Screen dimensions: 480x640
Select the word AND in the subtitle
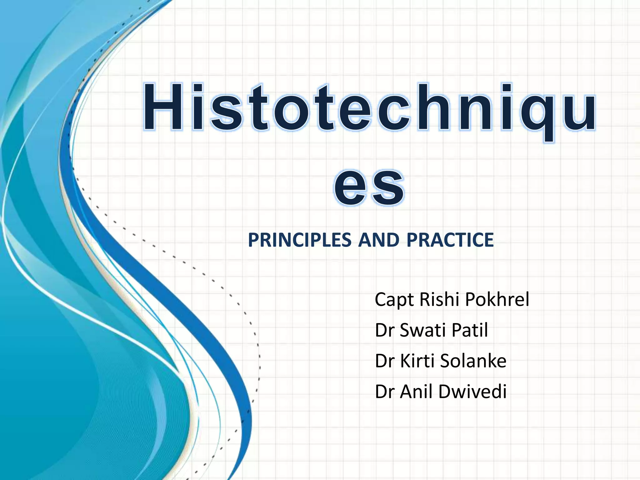point(379,240)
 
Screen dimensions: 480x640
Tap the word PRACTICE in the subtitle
point(450,240)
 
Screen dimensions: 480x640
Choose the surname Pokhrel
point(497,299)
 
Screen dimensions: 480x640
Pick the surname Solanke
point(473,361)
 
